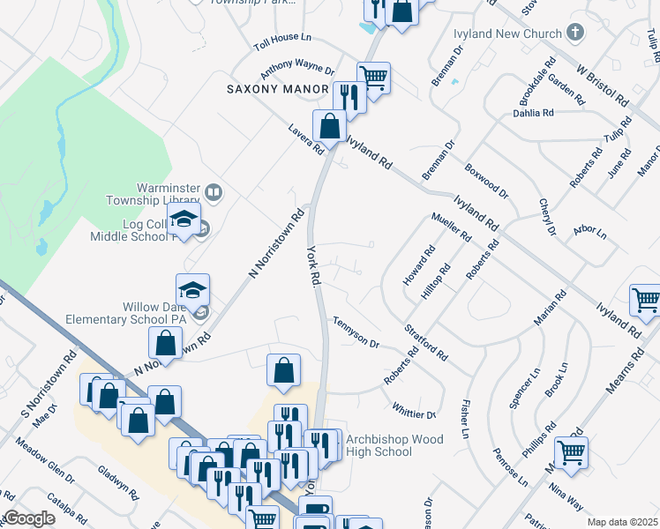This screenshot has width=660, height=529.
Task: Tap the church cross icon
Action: (x=575, y=34)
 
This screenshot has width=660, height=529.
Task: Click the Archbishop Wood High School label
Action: (x=392, y=445)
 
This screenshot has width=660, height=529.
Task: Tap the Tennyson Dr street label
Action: (x=356, y=333)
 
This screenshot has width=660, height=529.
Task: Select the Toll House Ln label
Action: (x=283, y=41)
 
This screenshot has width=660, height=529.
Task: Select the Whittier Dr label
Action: (x=415, y=411)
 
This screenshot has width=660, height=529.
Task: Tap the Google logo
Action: (x=28, y=518)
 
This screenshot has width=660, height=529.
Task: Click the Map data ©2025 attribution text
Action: (x=622, y=522)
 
